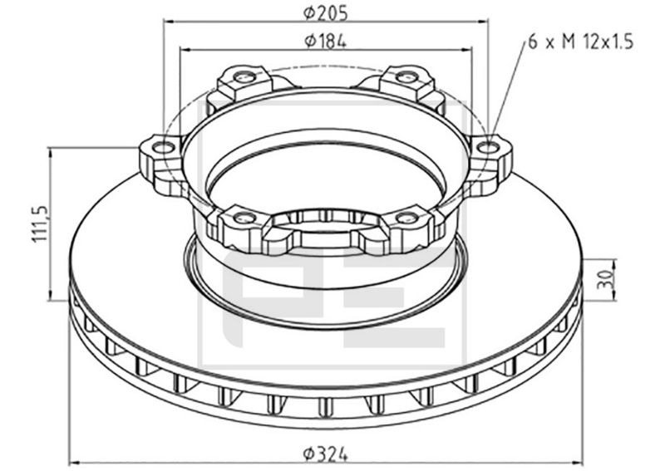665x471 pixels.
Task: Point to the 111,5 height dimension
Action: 38,222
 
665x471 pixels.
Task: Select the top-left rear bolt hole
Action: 244,77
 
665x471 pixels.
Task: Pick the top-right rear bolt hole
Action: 406,77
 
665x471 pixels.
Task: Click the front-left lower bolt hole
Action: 244,218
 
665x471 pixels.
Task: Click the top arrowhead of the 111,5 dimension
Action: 52,152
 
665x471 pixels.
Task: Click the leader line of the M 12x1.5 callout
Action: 509,92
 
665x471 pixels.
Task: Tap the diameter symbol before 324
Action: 308,454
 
